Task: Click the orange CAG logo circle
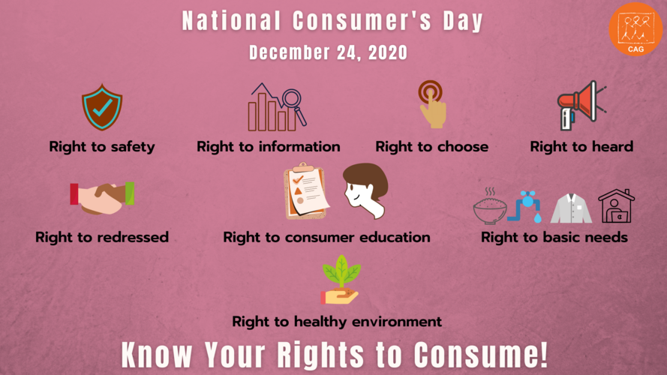(x=635, y=28)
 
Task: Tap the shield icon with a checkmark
(x=101, y=107)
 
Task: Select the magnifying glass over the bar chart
(x=291, y=103)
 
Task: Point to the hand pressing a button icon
(x=431, y=104)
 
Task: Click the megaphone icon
(x=579, y=103)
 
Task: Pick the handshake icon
(x=101, y=197)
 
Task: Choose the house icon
(x=616, y=205)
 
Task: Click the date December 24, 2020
(x=329, y=53)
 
